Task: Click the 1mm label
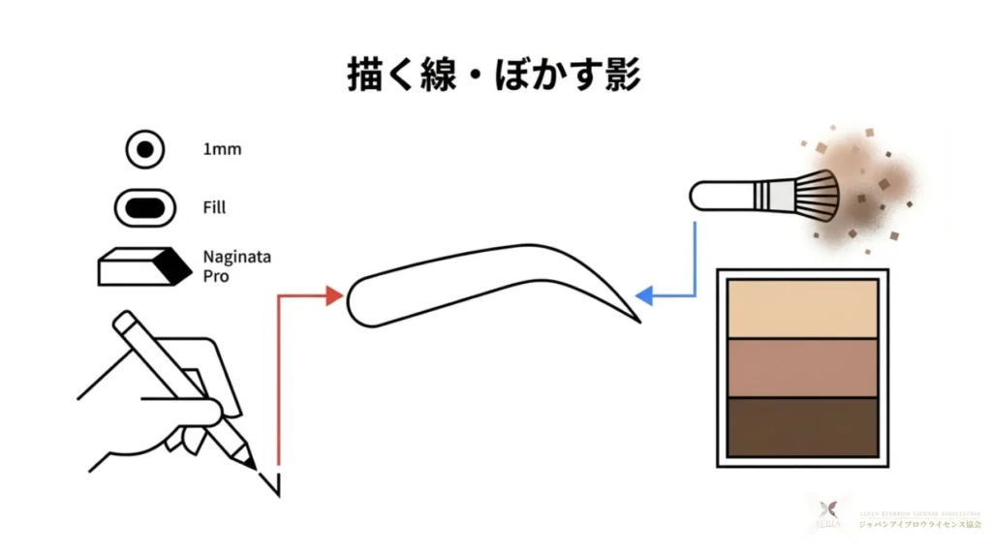point(222,150)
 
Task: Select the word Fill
point(214,207)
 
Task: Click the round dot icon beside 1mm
point(145,150)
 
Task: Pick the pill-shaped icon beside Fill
point(145,207)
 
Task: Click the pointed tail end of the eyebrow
point(637,319)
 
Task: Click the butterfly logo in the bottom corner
point(828,510)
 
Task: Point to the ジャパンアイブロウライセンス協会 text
point(918,524)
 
